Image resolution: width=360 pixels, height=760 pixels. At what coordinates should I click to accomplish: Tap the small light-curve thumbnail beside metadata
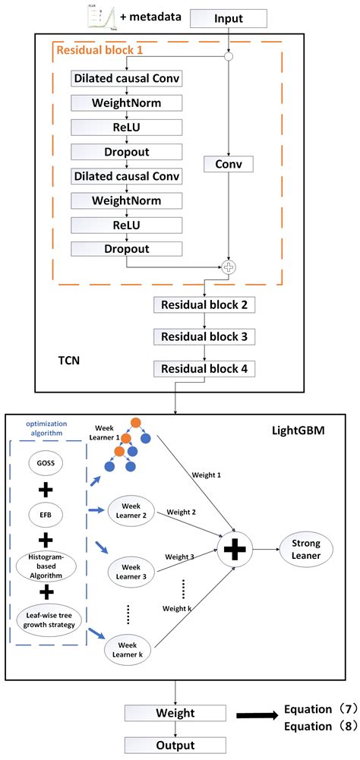[100, 15]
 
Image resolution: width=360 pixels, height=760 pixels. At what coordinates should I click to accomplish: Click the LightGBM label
[298, 430]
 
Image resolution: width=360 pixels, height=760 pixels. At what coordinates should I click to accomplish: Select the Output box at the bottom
[176, 745]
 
